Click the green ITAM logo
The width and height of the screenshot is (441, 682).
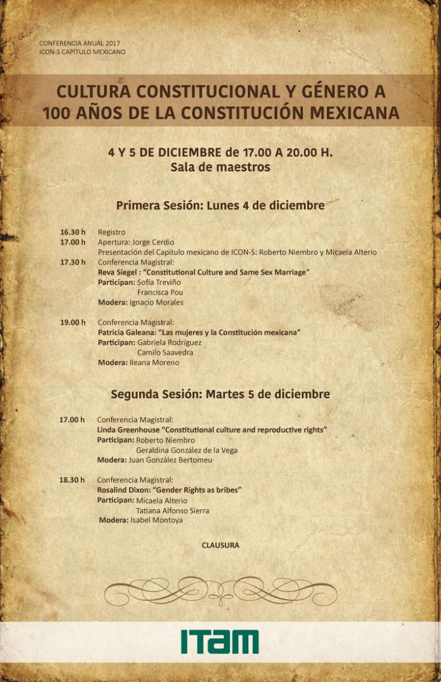click(x=220, y=642)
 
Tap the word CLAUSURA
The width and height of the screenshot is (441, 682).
click(x=220, y=545)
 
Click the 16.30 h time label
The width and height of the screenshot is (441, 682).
click(x=73, y=232)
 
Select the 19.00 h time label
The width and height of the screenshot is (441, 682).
click(x=73, y=322)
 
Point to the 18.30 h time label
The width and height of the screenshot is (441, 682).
click(x=72, y=480)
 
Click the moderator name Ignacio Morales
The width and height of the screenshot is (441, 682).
click(x=156, y=302)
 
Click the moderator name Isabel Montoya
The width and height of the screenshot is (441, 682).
click(x=156, y=520)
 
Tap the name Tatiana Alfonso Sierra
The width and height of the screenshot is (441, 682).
click(x=172, y=510)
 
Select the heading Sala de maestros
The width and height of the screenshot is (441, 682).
click(x=220, y=168)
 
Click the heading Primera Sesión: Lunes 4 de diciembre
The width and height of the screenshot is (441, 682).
click(x=220, y=205)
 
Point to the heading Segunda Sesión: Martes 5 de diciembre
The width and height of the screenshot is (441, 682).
click(x=220, y=394)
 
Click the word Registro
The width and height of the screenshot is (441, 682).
click(x=111, y=232)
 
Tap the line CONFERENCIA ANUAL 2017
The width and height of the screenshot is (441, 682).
click(x=80, y=43)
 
